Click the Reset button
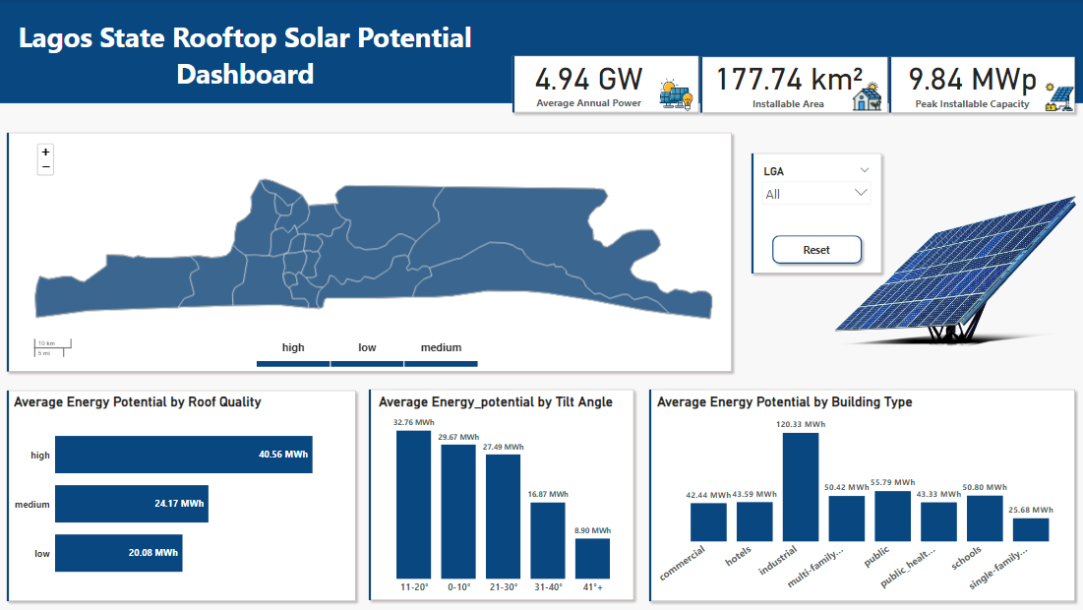816,250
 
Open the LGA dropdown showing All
816,194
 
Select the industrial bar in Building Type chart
800,487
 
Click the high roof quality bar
183,455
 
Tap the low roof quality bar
118,553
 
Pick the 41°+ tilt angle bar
592,558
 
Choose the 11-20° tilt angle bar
413,504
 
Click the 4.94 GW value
588,79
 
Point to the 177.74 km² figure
789,79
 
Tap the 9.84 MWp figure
972,79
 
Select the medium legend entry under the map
441,348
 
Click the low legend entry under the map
367,348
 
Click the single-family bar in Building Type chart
1030,529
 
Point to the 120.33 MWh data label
800,425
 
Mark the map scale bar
53,347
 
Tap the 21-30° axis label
503,586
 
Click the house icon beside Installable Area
867,97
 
